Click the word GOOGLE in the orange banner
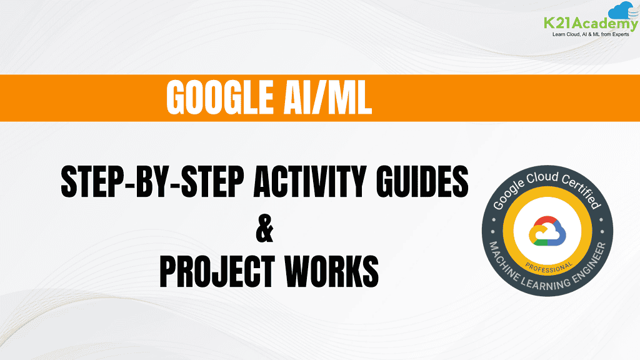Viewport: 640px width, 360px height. pyautogui.click(x=216, y=98)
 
